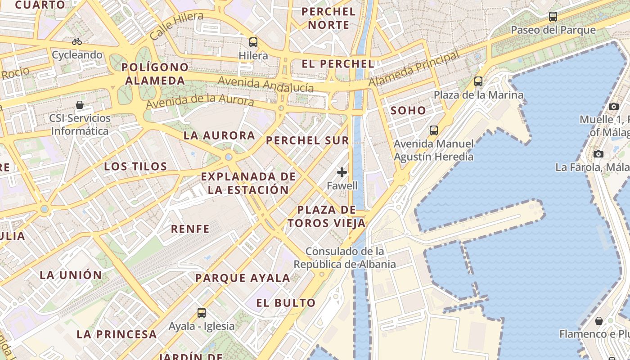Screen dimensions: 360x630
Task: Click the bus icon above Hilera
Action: tap(253, 42)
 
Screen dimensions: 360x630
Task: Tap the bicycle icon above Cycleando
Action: tap(77, 41)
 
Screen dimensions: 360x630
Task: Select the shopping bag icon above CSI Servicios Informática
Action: tap(80, 105)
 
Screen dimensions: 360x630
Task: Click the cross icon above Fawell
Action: tap(342, 172)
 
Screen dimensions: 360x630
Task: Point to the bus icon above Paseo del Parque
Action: tap(553, 17)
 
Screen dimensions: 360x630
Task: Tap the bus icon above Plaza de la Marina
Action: tap(478, 81)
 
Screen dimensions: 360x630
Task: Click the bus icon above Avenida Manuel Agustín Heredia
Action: tap(434, 130)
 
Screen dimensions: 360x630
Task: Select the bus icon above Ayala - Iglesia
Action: tap(202, 312)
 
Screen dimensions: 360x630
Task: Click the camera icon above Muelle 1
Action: tap(613, 106)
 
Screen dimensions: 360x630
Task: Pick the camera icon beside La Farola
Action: tap(598, 154)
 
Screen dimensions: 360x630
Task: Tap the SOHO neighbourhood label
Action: tap(408, 110)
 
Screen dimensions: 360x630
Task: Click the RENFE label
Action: tap(190, 229)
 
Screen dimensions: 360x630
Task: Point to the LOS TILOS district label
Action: tap(135, 166)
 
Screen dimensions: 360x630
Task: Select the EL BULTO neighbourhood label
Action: tap(286, 303)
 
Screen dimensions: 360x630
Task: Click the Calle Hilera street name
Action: tap(177, 26)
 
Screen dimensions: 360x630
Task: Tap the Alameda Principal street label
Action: tap(414, 68)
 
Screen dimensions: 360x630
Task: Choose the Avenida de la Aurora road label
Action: tap(200, 102)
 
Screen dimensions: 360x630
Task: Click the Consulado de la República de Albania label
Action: tap(345, 257)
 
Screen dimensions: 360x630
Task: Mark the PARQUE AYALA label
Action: tap(243, 278)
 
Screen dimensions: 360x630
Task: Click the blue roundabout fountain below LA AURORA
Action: tap(229, 157)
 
